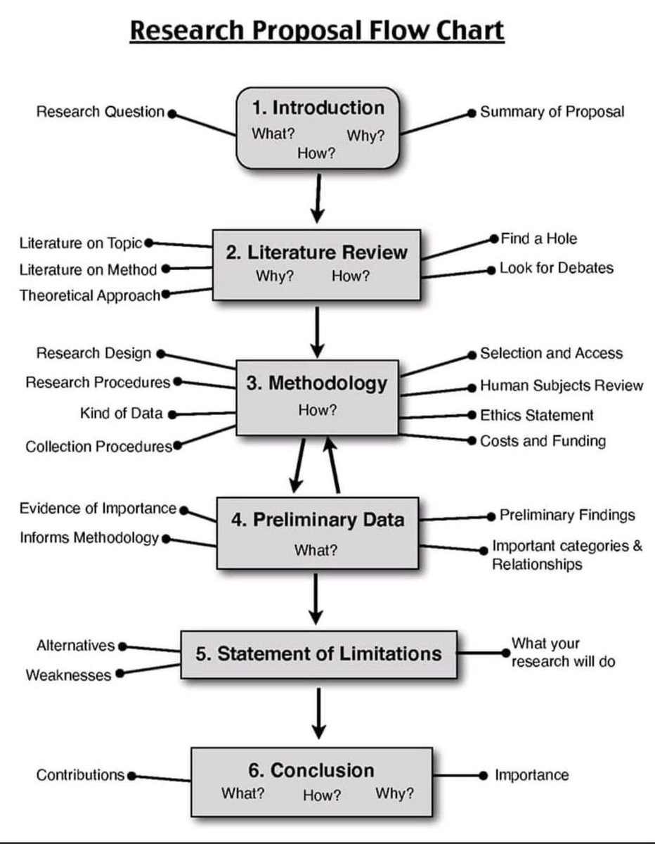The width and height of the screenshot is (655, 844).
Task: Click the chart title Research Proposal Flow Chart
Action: [x=318, y=32]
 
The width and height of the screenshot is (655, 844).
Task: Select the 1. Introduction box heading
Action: [x=318, y=108]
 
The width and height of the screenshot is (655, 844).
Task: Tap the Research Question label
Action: [x=100, y=112]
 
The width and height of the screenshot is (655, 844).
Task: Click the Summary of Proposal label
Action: [x=552, y=112]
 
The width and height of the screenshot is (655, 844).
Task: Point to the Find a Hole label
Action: [x=538, y=238]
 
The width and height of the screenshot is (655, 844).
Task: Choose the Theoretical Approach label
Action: [x=89, y=295]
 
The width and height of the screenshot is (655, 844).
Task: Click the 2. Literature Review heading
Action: [x=316, y=252]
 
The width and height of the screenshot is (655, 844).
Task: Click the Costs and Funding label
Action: [x=543, y=441]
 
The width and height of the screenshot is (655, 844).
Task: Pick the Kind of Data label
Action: [x=121, y=414]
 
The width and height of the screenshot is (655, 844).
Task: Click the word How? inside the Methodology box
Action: [x=318, y=410]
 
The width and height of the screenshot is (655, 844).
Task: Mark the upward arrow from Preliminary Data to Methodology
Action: [x=332, y=464]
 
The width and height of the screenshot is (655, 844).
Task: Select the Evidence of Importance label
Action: [x=98, y=509]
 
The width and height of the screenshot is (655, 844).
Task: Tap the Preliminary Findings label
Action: [x=567, y=516]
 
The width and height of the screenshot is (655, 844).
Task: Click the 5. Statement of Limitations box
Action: [x=318, y=654]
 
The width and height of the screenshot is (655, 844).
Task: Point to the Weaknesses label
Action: [x=68, y=675]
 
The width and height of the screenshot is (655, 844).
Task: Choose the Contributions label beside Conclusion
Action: [x=80, y=775]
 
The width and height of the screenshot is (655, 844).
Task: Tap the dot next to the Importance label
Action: [x=482, y=775]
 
